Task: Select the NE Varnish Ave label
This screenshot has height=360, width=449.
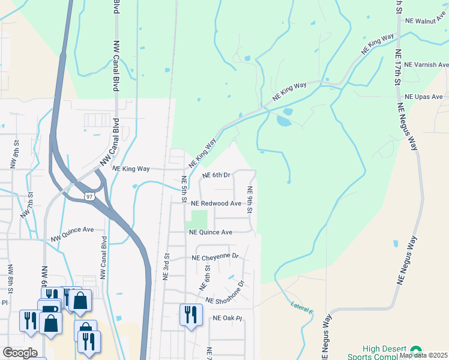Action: click(426, 65)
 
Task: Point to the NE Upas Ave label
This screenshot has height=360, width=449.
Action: click(423, 97)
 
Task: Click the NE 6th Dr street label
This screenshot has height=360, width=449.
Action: click(217, 175)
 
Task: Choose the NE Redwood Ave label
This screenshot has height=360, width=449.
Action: click(216, 203)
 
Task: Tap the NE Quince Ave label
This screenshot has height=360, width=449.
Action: click(210, 232)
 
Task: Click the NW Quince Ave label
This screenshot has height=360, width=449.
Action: click(73, 233)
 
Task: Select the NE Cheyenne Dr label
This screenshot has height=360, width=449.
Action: click(215, 257)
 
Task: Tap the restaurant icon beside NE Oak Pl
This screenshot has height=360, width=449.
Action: click(191, 314)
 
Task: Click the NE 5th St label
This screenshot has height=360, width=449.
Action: click(184, 188)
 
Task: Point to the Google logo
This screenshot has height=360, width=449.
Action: click(20, 353)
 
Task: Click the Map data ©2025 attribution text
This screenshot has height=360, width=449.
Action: click(423, 355)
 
